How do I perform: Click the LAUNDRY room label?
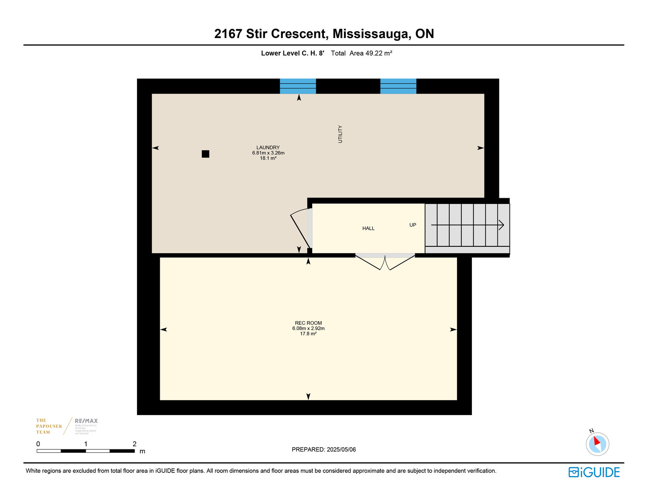tap(268, 148)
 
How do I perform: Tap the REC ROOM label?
tap(308, 323)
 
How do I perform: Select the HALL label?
tap(368, 229)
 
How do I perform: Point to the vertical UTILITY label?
tap(340, 134)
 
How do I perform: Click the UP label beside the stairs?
tap(412, 225)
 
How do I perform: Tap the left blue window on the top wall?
tap(298, 86)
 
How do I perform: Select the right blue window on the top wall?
tap(398, 86)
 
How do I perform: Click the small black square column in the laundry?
tap(205, 154)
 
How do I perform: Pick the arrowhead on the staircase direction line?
tap(501, 225)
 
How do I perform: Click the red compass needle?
tap(596, 441)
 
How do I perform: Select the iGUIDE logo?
tap(594, 472)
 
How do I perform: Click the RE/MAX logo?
tap(86, 421)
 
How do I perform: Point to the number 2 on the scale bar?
tap(134, 444)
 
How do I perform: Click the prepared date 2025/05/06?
tap(341, 449)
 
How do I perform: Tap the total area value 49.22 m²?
tap(379, 53)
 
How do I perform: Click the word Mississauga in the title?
tap(371, 34)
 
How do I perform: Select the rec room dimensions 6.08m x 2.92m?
tap(308, 328)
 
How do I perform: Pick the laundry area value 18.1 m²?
tap(268, 158)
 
